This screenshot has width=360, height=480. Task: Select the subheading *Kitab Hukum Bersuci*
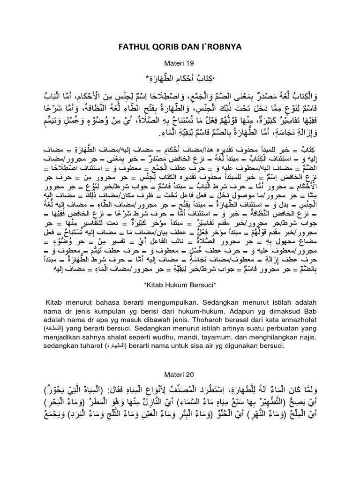click(x=180, y=285)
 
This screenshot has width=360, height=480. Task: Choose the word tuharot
click(x=91, y=345)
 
